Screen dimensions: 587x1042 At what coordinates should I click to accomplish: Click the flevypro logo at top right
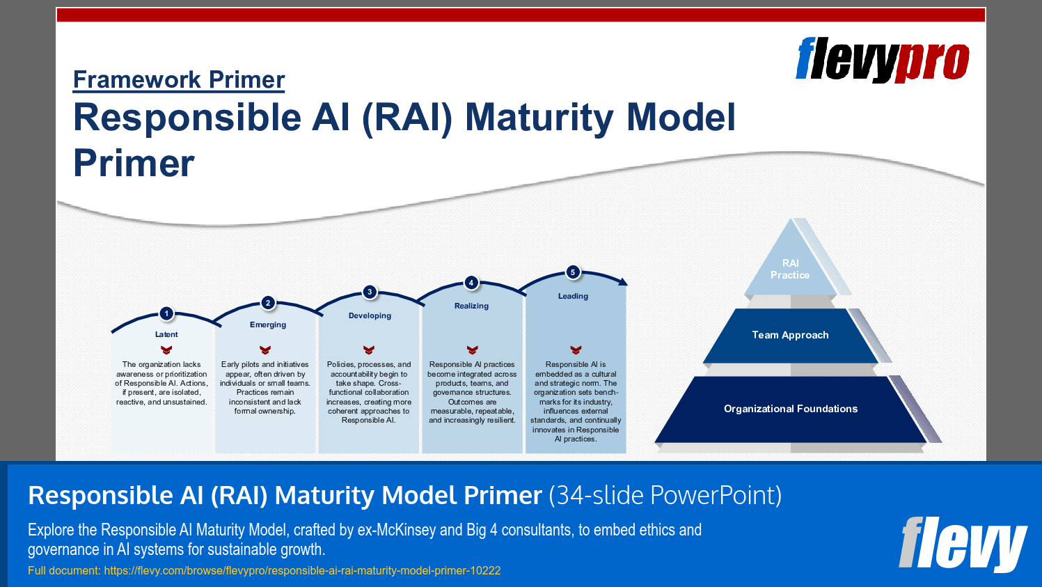pos(882,60)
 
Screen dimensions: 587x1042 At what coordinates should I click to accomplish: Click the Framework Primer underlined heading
pos(179,80)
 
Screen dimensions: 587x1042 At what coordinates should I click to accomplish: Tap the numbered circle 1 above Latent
pos(166,313)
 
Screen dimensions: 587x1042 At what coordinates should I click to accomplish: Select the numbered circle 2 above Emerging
pos(268,303)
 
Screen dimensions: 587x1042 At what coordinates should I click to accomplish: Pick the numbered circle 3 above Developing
pos(370,292)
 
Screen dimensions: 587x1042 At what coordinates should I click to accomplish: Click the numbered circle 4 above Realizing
pos(471,282)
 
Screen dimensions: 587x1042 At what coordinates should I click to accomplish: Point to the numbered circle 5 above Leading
pos(573,272)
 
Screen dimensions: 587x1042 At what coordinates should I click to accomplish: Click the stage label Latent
pos(166,334)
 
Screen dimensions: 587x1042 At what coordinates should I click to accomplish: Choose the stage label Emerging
pos(268,324)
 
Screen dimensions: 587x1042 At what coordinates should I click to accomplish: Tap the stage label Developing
pos(370,315)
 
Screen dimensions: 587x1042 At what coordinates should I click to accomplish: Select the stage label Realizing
pos(471,306)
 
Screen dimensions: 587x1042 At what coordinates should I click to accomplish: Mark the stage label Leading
pos(573,296)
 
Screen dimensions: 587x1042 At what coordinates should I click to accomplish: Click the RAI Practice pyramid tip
pos(790,269)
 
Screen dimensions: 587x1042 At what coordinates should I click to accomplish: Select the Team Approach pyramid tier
pos(790,335)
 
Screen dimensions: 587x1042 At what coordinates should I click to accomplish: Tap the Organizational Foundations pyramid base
pos(790,409)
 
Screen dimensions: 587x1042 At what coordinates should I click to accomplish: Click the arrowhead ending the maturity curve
pos(623,281)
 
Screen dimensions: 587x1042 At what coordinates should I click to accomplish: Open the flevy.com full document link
pos(302,570)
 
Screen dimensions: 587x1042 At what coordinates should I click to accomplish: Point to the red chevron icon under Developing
pos(369,350)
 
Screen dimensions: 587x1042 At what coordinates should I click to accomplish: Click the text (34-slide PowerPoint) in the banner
pos(665,495)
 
